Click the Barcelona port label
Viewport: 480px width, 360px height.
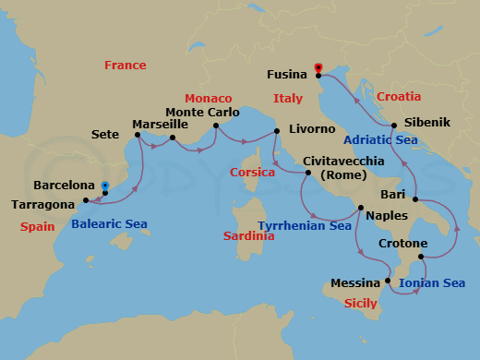[64, 185]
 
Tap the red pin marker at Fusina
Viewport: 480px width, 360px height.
[318, 67]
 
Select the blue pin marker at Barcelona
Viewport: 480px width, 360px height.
[105, 186]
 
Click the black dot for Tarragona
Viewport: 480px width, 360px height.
[85, 200]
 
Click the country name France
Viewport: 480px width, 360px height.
[126, 66]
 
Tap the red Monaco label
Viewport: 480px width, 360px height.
[208, 99]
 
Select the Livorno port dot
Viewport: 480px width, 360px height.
[277, 132]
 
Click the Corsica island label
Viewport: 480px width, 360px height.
[254, 172]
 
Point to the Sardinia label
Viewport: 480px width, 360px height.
[249, 236]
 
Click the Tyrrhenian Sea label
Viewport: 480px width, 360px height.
[305, 225]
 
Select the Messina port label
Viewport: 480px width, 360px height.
[354, 282]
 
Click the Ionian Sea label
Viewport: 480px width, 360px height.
[434, 282]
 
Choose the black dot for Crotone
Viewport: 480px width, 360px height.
[421, 257]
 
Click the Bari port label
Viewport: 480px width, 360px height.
[393, 195]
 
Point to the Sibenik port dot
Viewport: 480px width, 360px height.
[394, 126]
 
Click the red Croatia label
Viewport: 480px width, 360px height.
[398, 97]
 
